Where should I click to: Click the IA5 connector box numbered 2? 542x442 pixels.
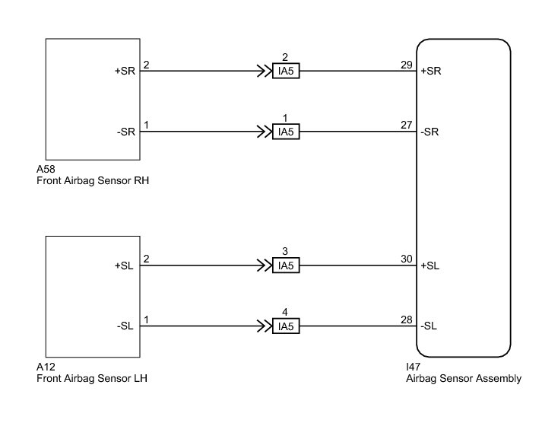(x=286, y=72)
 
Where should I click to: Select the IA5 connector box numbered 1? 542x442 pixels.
(x=286, y=132)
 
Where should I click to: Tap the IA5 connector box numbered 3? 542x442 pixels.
(x=286, y=266)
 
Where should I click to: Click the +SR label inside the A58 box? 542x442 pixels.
(x=125, y=72)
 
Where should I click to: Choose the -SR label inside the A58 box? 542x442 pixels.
(x=126, y=132)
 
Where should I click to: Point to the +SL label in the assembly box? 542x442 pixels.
(x=431, y=266)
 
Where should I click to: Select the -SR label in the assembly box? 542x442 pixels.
(x=431, y=132)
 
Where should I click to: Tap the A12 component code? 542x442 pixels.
(x=46, y=367)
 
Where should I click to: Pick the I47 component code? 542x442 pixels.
(x=415, y=367)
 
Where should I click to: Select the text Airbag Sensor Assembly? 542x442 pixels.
(x=464, y=378)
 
